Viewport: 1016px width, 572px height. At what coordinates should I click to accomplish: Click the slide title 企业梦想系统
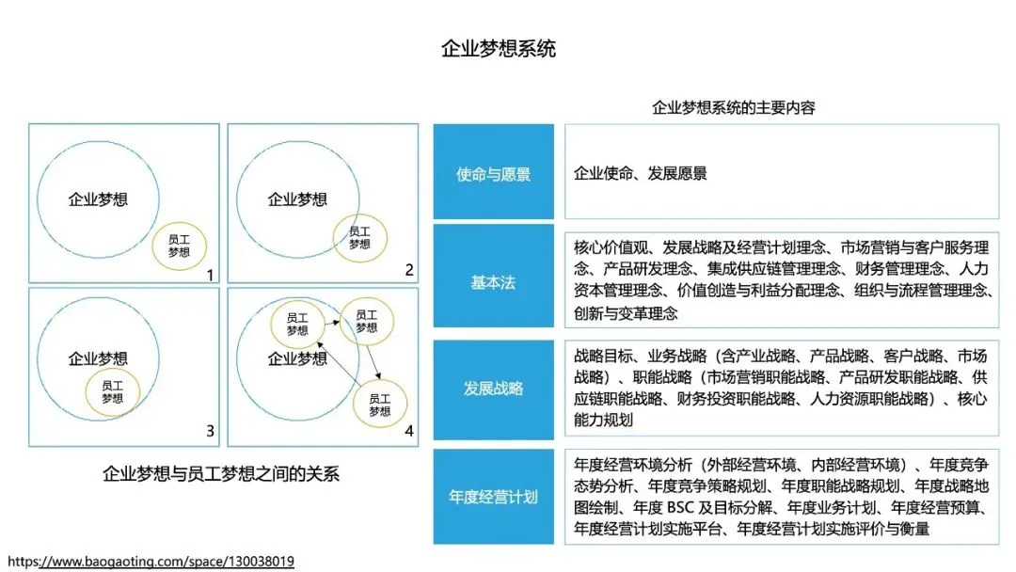(499, 49)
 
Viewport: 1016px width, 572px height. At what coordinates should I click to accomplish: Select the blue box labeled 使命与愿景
(493, 174)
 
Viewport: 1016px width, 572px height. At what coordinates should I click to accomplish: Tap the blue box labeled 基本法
(493, 281)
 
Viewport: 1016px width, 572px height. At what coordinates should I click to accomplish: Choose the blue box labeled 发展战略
(493, 388)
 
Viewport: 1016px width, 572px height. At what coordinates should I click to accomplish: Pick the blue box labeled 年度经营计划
(493, 496)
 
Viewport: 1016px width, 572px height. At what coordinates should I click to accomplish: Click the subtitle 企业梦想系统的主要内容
(734, 107)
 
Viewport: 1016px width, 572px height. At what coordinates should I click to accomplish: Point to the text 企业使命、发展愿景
(641, 174)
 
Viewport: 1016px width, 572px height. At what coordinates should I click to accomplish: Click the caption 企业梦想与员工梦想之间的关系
(221, 473)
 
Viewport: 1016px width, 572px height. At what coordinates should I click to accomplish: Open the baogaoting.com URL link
(151, 562)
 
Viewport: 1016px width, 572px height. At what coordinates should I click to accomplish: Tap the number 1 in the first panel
(211, 275)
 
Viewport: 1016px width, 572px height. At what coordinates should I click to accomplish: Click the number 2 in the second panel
(409, 271)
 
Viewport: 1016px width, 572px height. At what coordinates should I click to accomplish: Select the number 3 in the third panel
(211, 432)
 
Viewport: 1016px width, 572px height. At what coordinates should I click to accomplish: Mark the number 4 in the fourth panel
(409, 432)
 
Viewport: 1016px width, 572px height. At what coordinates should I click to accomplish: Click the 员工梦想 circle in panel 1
(179, 246)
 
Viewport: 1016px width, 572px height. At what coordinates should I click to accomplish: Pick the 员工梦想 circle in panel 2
(358, 237)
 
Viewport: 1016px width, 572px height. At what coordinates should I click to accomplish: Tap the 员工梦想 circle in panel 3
(112, 391)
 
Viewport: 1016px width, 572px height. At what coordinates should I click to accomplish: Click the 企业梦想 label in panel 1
(98, 199)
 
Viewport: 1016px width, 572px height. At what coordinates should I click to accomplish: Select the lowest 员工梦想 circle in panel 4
(379, 405)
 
